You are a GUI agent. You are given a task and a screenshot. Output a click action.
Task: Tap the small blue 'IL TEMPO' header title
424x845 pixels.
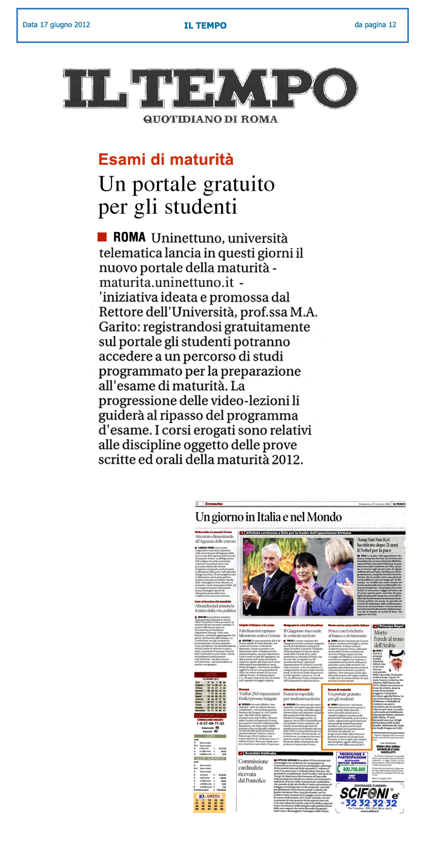[x=205, y=25]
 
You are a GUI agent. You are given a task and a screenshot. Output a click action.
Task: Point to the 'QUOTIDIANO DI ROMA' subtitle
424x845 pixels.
[x=210, y=119]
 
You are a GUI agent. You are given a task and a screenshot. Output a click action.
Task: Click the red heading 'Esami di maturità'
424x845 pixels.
[x=166, y=160]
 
